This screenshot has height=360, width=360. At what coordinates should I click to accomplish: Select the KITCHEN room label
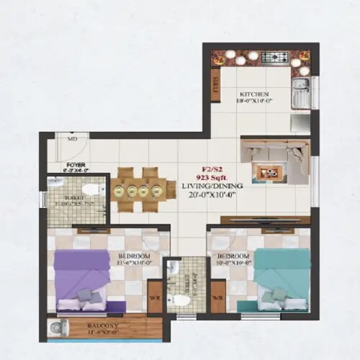tap(254, 94)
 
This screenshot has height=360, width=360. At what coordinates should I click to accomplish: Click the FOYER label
tap(76, 166)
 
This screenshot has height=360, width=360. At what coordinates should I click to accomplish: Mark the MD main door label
tap(72, 139)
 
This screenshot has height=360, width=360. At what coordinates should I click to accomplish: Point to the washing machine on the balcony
tap(57, 330)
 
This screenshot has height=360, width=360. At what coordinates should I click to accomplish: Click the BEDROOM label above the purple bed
tap(135, 256)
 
